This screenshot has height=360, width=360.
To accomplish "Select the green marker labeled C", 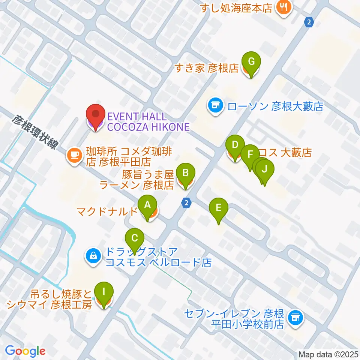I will click(135, 238).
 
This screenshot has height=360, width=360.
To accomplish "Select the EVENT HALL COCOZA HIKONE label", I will click(148, 122).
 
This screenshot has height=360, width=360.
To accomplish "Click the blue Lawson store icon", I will click(215, 106).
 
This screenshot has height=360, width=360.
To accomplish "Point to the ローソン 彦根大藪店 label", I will click(275, 107).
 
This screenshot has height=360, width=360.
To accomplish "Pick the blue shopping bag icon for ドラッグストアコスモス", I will click(92, 256).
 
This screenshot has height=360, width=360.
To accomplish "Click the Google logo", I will click(25, 351).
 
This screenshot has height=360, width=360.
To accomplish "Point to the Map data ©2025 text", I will click(328, 354).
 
